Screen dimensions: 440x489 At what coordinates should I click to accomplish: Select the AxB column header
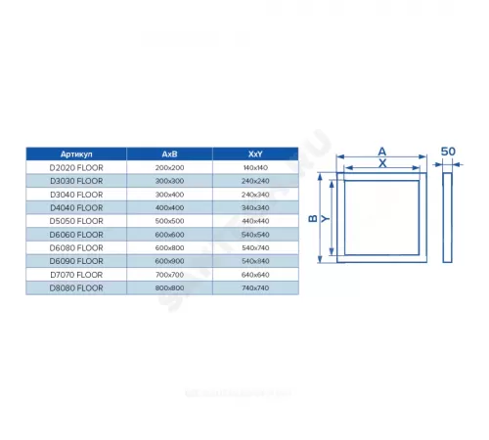pos(168,154)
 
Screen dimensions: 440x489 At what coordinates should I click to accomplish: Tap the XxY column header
pos(256,154)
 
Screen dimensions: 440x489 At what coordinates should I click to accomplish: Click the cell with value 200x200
pos(168,168)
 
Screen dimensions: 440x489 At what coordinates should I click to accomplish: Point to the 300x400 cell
pos(168,195)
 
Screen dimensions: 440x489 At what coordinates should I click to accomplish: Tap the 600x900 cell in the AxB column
pos(168,261)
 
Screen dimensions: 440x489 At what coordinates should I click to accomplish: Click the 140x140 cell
pos(256,168)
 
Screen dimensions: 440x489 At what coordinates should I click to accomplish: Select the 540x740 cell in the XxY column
pos(256,248)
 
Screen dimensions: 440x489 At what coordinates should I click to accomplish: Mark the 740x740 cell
pos(256,288)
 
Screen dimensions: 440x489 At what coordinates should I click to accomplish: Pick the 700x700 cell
pos(168,275)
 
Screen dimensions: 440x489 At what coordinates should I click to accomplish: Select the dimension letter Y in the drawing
pos(328,220)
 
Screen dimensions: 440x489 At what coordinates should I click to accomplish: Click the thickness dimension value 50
pos(447,152)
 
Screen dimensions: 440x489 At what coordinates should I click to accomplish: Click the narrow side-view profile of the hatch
pos(447,220)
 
